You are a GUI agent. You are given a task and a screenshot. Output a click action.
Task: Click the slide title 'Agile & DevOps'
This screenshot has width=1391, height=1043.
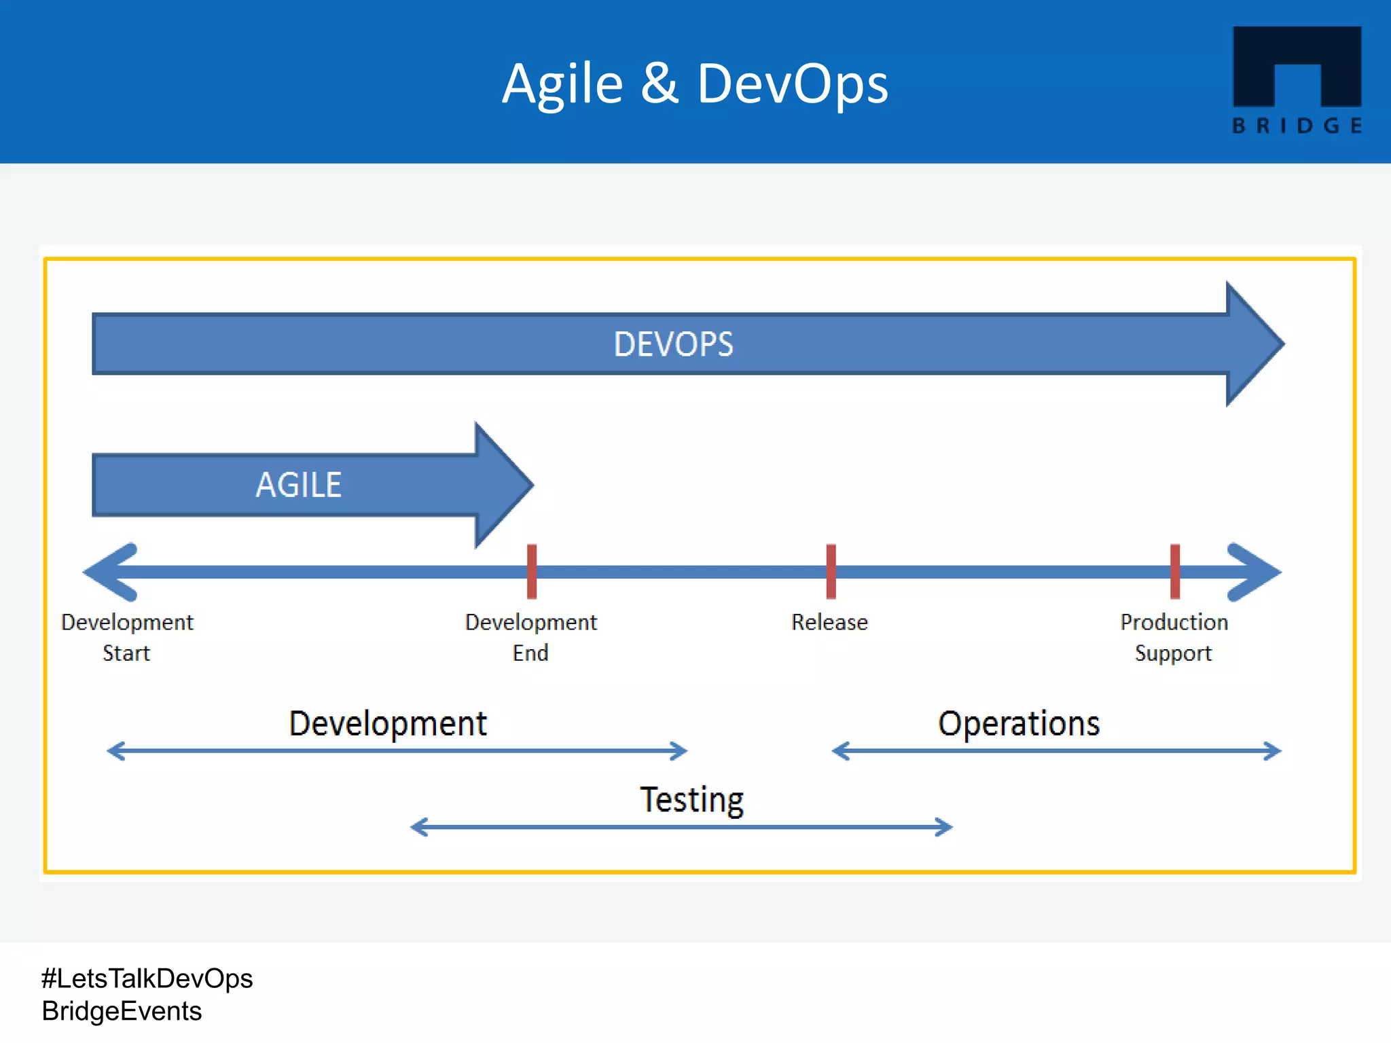[695, 84]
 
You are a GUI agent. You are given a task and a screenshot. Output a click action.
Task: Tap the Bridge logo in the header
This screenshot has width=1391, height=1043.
[1296, 78]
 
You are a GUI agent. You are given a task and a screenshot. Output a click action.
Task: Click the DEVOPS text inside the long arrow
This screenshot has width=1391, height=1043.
[673, 344]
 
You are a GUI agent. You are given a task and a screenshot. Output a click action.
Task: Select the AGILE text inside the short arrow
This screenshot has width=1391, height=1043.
[299, 485]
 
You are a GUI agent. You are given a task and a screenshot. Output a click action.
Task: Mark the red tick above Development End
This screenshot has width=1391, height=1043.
[532, 571]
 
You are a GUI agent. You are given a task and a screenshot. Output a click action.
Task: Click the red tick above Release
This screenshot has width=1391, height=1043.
[831, 571]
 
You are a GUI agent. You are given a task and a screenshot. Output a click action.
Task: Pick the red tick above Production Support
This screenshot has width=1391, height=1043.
[1175, 571]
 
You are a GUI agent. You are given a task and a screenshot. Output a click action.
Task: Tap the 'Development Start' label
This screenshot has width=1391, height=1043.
[127, 637]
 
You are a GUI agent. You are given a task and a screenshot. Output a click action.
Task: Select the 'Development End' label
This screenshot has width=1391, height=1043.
[531, 637]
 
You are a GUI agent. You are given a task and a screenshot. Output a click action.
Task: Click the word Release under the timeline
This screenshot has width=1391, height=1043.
[829, 622]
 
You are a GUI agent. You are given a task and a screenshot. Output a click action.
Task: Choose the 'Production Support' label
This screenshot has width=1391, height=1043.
[1174, 637]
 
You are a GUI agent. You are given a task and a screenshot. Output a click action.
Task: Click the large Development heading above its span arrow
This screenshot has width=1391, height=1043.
[388, 723]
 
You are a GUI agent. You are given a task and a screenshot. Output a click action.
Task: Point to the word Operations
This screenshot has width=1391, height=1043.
[1019, 723]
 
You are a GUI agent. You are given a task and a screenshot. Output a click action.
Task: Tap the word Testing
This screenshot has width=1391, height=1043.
[692, 799]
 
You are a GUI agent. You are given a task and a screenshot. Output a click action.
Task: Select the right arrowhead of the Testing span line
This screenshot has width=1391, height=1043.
[944, 827]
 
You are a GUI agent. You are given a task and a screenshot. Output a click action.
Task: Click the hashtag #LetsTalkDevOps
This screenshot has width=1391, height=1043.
[147, 978]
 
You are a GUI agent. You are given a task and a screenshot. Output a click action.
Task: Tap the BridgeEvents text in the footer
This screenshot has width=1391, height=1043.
[122, 1011]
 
